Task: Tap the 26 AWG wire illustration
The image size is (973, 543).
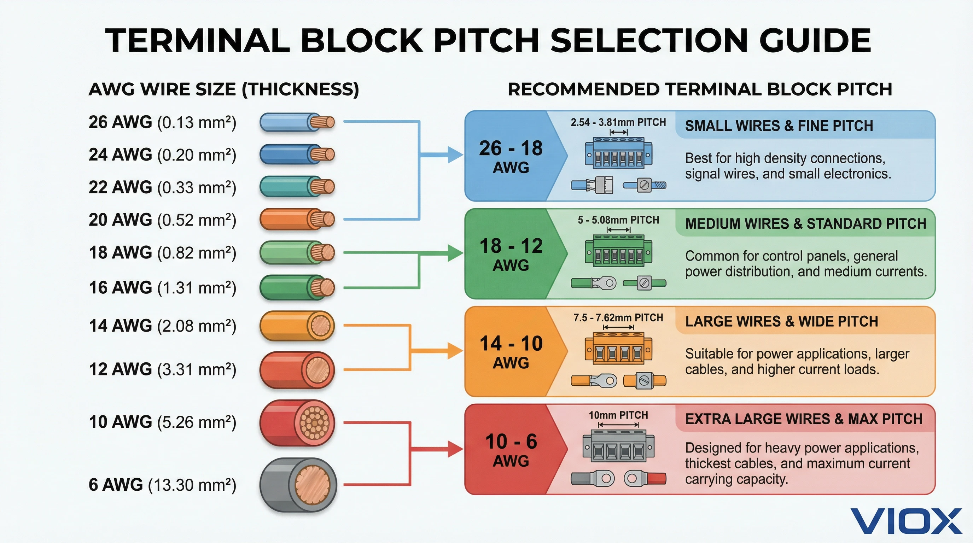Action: pyautogui.click(x=297, y=122)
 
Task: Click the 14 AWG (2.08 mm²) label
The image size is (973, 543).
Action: pyautogui.click(x=162, y=326)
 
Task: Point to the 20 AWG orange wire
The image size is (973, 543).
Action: pyautogui.click(x=297, y=220)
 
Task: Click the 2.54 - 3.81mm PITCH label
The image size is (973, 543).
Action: pyautogui.click(x=618, y=122)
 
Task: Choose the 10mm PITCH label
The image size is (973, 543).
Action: pyautogui.click(x=618, y=415)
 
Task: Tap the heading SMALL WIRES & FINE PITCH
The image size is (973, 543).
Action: pyautogui.click(x=779, y=126)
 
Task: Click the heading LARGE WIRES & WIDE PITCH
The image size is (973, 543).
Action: pyautogui.click(x=781, y=321)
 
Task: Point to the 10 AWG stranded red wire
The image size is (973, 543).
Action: pyautogui.click(x=297, y=423)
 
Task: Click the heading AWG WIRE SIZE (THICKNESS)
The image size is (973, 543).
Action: pyautogui.click(x=223, y=89)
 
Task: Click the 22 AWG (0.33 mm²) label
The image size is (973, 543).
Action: pyautogui.click(x=162, y=187)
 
